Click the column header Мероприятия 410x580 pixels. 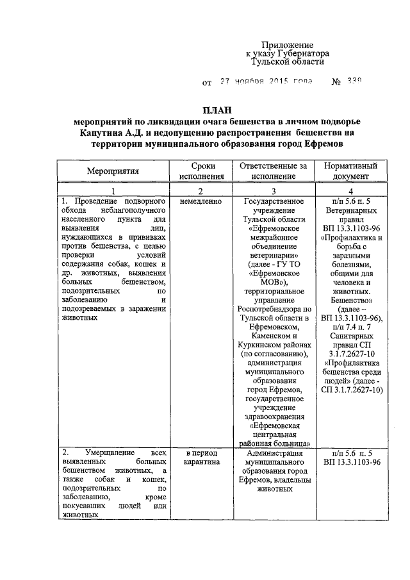coord(113,171)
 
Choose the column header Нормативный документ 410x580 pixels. coord(350,171)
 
